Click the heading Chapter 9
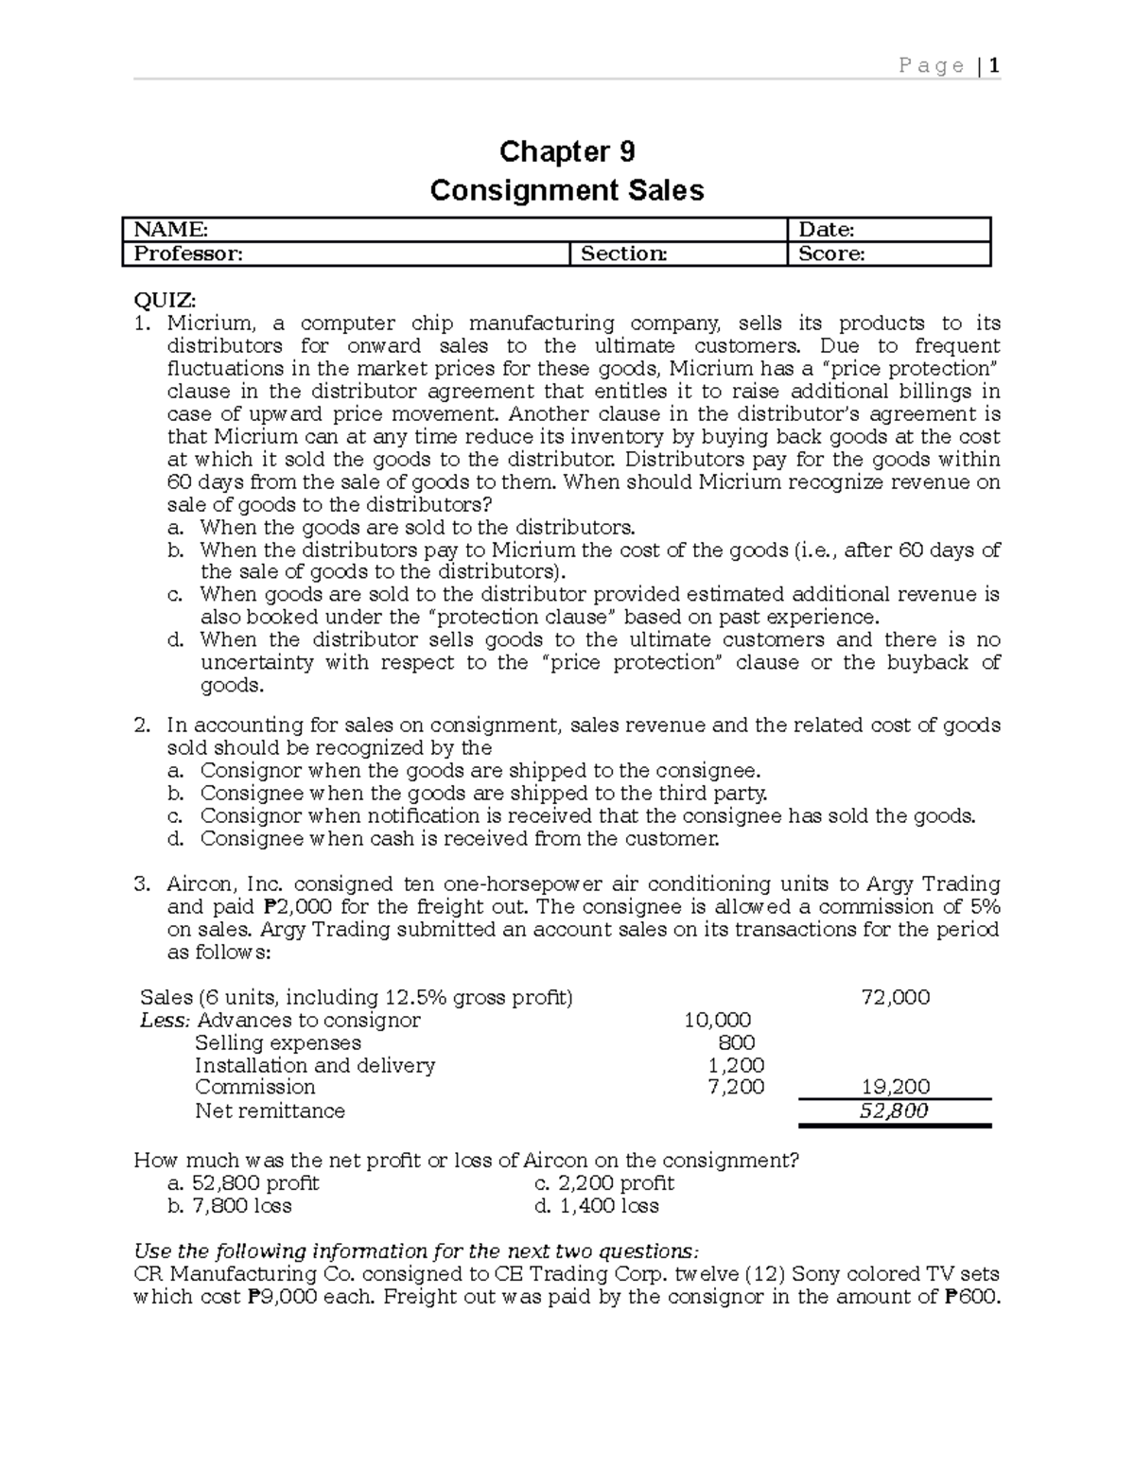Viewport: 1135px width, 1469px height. (x=567, y=151)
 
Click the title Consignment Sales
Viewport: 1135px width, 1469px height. (x=567, y=191)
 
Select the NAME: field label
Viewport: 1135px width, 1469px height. (x=170, y=229)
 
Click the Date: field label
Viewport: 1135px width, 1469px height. (x=827, y=229)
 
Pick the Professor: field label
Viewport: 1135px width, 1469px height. (x=187, y=254)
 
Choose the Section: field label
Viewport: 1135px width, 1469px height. (x=623, y=254)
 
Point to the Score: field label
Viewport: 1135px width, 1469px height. (x=831, y=254)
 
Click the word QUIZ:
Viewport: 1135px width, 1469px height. (x=166, y=300)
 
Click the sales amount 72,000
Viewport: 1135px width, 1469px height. (x=895, y=997)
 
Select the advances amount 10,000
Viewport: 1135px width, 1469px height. (x=717, y=1020)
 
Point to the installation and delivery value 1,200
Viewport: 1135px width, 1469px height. (x=736, y=1065)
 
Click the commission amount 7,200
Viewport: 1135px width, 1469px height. (x=736, y=1087)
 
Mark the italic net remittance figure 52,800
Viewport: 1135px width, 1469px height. (x=894, y=1110)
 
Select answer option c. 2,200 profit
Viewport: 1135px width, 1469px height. (x=604, y=1183)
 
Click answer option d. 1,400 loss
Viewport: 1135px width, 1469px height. (x=596, y=1206)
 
